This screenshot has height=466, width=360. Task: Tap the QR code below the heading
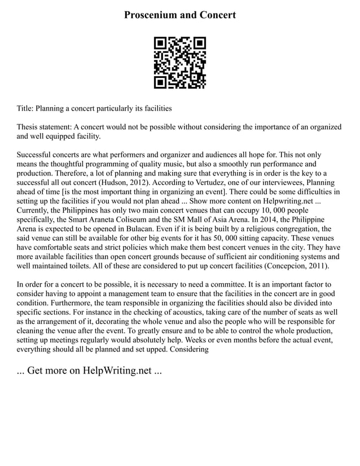[x=180, y=63]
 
